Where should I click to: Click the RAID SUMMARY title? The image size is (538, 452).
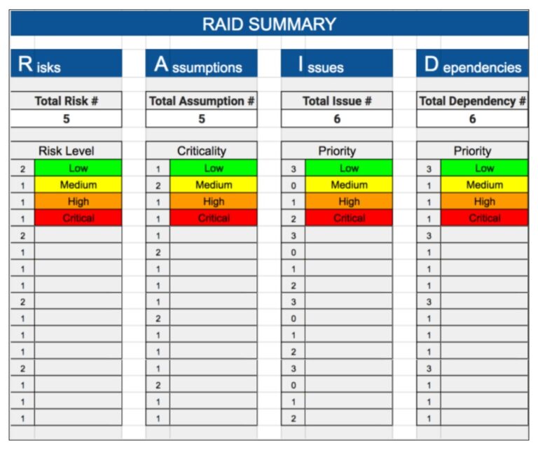(269, 24)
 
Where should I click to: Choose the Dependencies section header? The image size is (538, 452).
(472, 64)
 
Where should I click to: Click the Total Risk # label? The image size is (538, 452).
(66, 101)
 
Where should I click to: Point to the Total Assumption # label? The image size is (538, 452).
(202, 101)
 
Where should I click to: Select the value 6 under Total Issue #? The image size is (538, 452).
(337, 118)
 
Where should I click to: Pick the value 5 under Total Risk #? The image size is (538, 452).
(66, 118)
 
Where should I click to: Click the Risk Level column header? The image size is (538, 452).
(66, 150)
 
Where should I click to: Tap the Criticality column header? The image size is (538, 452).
(202, 150)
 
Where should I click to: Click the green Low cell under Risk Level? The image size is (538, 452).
(78, 168)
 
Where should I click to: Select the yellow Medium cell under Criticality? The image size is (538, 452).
(214, 185)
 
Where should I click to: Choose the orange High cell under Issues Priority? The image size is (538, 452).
(349, 202)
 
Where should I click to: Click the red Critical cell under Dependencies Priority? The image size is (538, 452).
(484, 218)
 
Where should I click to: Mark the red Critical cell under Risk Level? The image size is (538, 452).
(78, 218)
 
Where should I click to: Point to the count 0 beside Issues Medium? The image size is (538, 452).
(294, 185)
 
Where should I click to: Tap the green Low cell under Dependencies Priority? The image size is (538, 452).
(484, 168)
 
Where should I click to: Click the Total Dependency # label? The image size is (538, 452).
(472, 101)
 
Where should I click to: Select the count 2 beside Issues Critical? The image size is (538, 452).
(294, 218)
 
